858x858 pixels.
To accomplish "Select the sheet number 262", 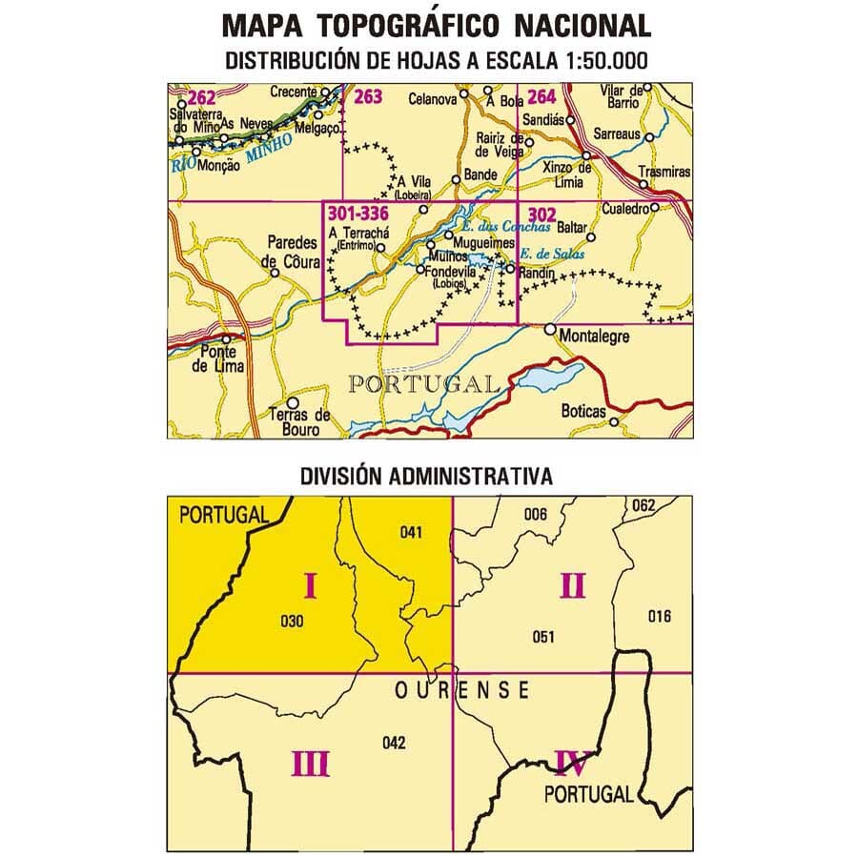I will coord(202,96).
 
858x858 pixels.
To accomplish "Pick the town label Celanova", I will coord(431,98).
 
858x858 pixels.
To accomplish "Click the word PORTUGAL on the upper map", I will coord(422,384).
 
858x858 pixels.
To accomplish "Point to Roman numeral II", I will coord(572,585).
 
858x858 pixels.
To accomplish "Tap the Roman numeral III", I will coord(311,763).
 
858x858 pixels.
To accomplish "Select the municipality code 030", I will coord(293,623).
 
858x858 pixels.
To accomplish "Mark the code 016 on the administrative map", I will coord(659,616).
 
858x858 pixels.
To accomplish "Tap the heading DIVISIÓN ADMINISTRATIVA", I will coord(426,474).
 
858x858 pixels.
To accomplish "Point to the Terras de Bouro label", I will coord(298,421).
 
